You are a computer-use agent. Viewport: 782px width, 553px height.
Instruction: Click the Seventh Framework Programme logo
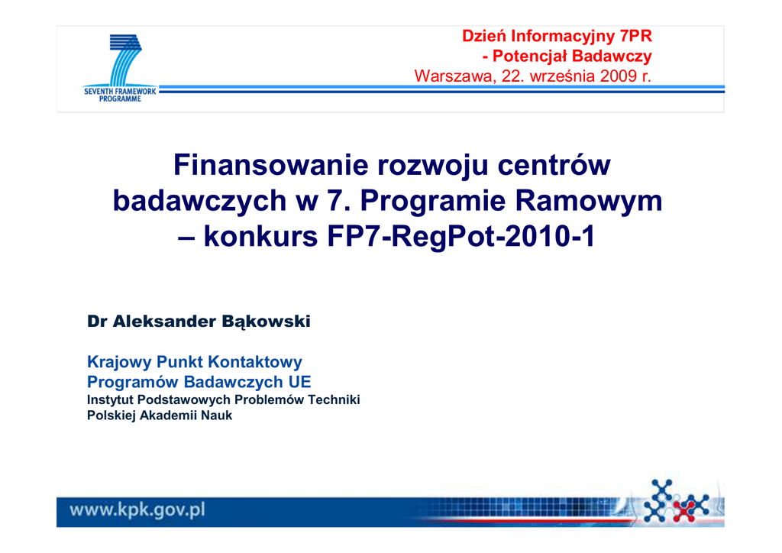[x=120, y=68]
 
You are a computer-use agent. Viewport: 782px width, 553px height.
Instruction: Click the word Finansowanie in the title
[x=271, y=165]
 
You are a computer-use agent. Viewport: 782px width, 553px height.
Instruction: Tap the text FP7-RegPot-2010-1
[x=461, y=236]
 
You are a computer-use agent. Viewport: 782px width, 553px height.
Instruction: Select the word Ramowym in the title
[x=589, y=200]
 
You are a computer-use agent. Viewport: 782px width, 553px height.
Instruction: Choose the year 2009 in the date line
[x=619, y=76]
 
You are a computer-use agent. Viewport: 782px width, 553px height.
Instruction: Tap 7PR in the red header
[x=636, y=36]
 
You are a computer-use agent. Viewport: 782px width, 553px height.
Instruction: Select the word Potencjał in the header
[x=528, y=56]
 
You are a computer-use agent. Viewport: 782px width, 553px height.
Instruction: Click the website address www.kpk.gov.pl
[x=137, y=509]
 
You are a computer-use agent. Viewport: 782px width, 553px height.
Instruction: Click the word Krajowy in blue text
[x=120, y=362]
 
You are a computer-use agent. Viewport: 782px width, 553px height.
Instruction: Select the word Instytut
[x=110, y=400]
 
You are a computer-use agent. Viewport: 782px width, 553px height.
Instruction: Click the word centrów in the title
[x=554, y=165]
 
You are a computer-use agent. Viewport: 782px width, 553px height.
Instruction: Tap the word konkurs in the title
[x=261, y=236]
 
